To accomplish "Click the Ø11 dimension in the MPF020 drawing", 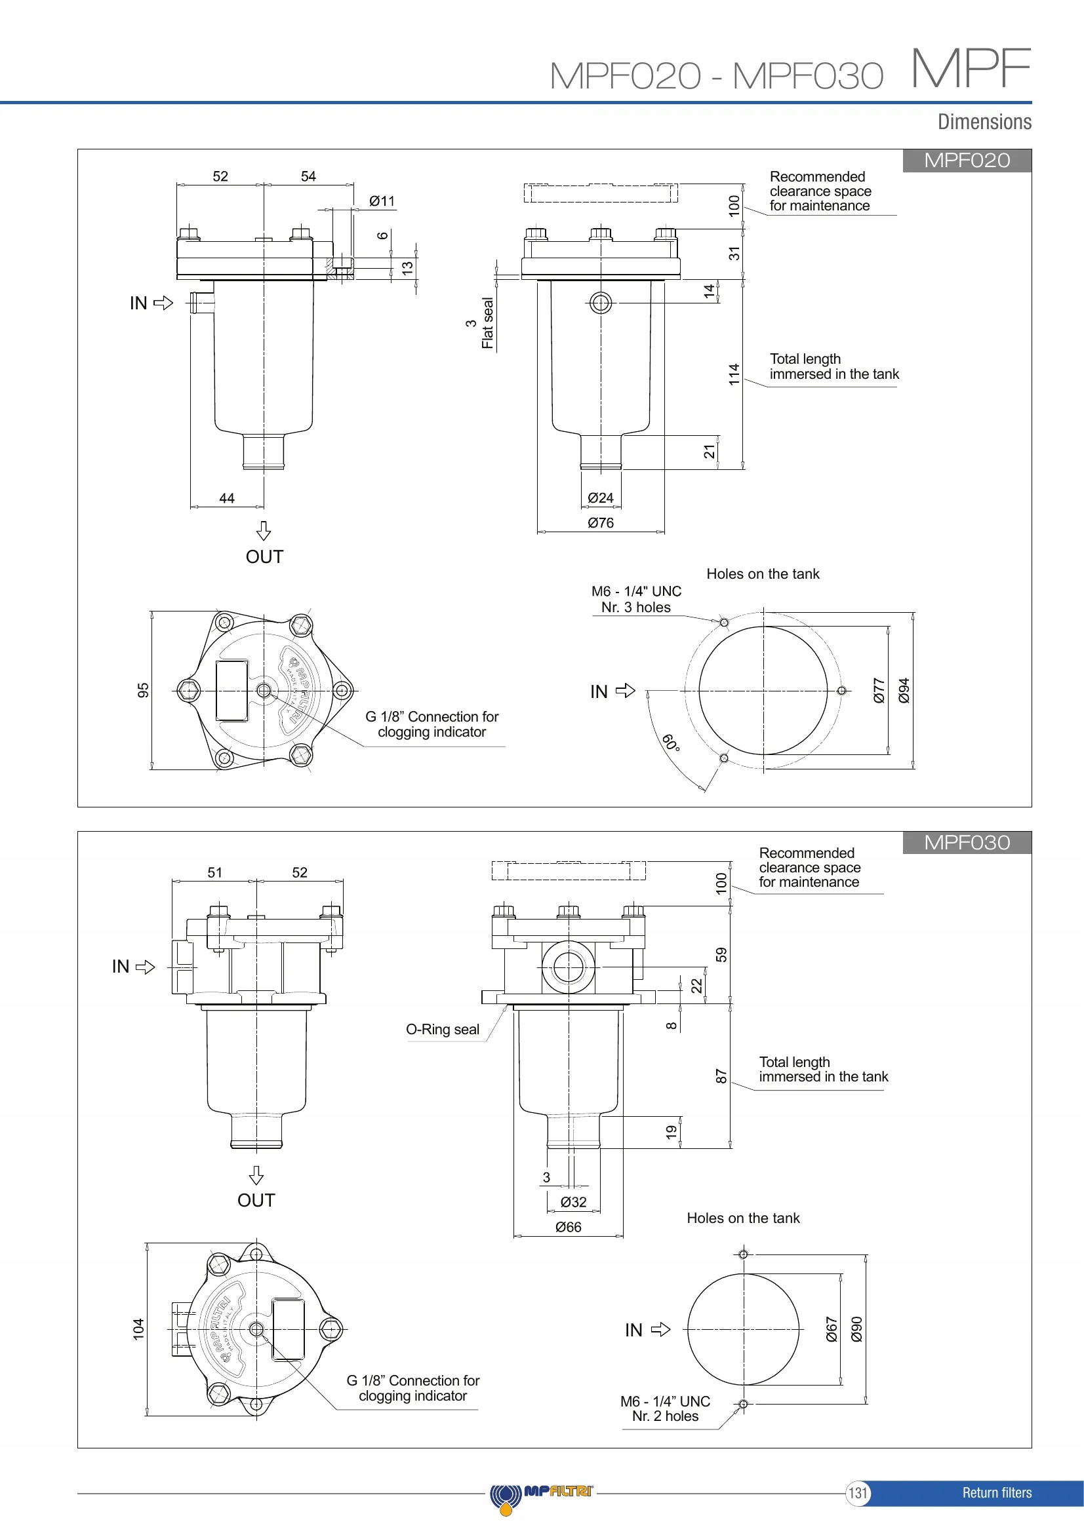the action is [382, 201].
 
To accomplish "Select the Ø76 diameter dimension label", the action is [601, 523].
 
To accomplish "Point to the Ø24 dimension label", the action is [601, 498].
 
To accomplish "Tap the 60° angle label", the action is [672, 743].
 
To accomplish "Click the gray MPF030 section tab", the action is [967, 843].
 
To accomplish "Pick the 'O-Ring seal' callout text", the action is [443, 1030].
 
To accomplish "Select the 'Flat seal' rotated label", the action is [487, 323].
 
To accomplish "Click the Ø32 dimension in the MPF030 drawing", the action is [573, 1203].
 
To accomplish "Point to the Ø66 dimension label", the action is [569, 1227].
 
